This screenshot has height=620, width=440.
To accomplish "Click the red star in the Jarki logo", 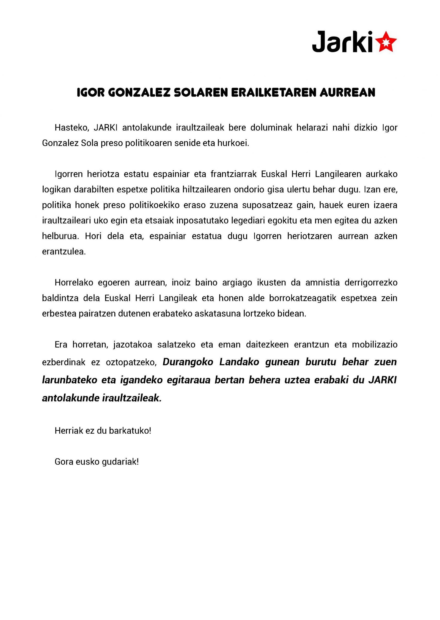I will coord(387,42).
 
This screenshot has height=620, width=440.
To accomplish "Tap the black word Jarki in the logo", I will coord(342,42).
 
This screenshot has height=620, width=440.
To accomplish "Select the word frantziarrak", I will coord(234,174).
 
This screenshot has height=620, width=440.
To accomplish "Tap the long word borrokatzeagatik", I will coord(302,298).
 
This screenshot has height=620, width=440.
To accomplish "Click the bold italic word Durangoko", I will coord(188,362).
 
